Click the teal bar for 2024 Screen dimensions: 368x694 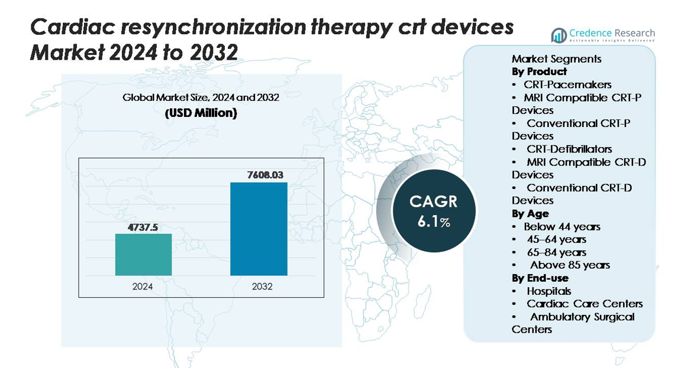pos(143,255)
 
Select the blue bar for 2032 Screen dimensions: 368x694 pos(259,229)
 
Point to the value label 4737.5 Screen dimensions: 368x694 pos(143,227)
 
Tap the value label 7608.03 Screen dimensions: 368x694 pos(259,175)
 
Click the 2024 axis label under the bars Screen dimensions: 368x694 pos(143,286)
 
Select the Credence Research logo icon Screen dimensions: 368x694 pos(559,35)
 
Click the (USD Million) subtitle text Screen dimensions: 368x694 pos(201,113)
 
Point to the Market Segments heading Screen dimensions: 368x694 pos(556,59)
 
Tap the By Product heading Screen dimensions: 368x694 pos(539,71)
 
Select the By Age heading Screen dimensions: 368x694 pos(530,213)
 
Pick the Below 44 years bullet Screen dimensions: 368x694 pos(561,226)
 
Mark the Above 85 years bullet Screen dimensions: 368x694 pos(569,265)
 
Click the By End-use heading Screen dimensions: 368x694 pos(540,278)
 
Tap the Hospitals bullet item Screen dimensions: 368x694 pos(548,291)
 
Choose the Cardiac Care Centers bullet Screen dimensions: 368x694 pos(584,304)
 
